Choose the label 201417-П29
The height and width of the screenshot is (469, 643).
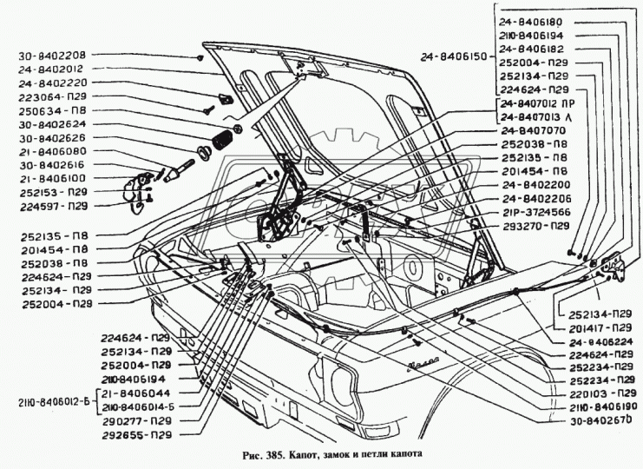pyautogui.click(x=600, y=328)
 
